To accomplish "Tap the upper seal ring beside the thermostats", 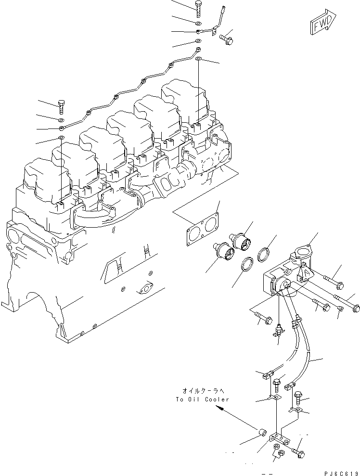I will [x=264, y=254].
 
